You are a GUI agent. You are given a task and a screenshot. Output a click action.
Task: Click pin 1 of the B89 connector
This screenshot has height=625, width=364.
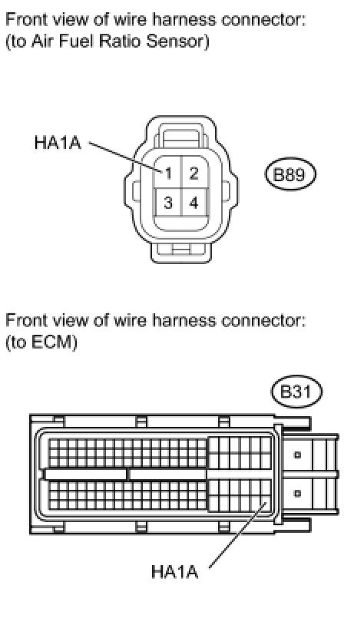click(x=168, y=174)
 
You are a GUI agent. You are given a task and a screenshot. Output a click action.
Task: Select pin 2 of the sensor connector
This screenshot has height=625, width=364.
click(x=194, y=174)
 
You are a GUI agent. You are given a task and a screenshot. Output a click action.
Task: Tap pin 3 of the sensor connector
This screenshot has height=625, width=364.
click(x=168, y=203)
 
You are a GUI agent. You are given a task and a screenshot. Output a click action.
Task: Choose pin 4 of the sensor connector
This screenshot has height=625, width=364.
click(x=194, y=203)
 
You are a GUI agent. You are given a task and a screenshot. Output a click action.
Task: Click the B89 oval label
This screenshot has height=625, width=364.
click(x=290, y=174)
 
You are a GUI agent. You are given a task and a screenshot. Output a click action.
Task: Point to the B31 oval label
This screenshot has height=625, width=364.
click(x=296, y=392)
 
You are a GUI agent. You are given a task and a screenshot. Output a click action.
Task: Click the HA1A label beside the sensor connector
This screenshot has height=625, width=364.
click(x=58, y=142)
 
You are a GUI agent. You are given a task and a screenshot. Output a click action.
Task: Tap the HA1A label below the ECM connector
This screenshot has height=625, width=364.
click(x=174, y=572)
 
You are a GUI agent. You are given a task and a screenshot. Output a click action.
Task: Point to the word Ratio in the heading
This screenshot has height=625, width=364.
click(x=121, y=41)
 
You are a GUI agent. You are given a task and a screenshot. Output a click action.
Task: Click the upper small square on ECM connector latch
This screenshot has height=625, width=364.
click(x=297, y=455)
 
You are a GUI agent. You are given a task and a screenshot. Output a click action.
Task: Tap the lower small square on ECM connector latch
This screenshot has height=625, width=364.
click(x=297, y=494)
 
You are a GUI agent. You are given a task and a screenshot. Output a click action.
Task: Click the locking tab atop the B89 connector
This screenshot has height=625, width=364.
click(x=181, y=137)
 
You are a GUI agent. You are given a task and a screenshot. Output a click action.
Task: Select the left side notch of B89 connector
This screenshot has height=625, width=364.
click(x=137, y=191)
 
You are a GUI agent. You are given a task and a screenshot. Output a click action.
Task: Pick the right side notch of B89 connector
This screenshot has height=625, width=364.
click(x=226, y=191)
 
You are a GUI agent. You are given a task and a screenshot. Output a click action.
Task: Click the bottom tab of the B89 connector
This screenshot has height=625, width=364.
click(x=181, y=252)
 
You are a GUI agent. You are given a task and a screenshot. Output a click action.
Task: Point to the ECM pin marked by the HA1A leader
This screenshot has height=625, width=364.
click(x=266, y=504)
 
